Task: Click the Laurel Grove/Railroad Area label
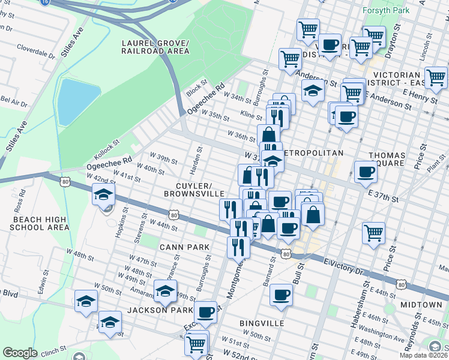click(155, 47)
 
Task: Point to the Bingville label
click(261, 323)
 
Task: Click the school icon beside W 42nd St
click(103, 194)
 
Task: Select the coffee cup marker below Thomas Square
click(366, 172)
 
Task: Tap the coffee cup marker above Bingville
click(281, 295)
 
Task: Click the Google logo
click(20, 353)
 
